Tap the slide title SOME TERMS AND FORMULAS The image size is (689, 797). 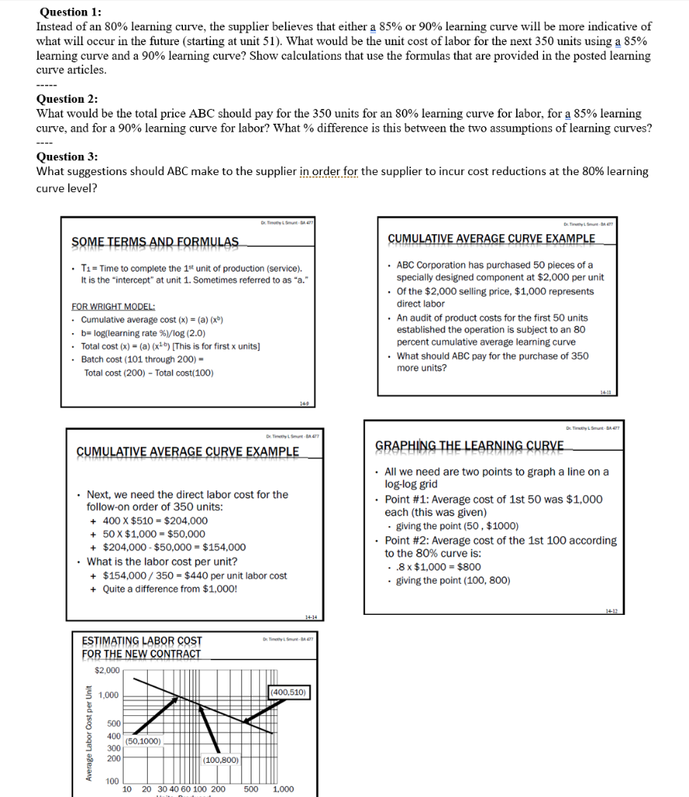point(156,242)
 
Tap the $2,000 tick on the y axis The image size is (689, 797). point(107,670)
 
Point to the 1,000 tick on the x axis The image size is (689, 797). point(283,788)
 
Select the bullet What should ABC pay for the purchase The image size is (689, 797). point(492,362)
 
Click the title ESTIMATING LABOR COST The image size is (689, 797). point(142,641)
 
